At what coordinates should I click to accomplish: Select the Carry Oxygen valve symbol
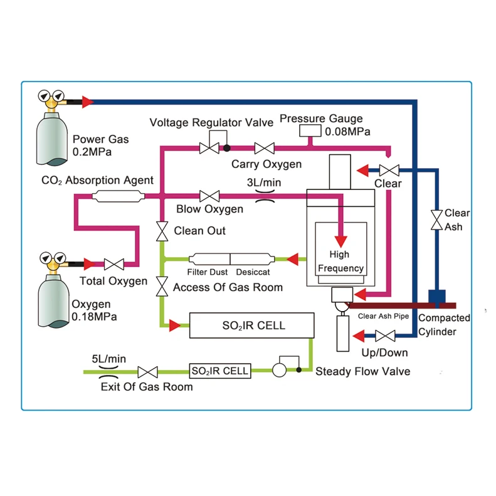pyautogui.click(x=264, y=149)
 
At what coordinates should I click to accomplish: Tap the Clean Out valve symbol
pyautogui.click(x=162, y=231)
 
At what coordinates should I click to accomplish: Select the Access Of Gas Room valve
pyautogui.click(x=162, y=287)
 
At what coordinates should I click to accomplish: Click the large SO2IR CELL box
pyautogui.click(x=251, y=325)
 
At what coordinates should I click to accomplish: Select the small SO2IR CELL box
pyautogui.click(x=220, y=371)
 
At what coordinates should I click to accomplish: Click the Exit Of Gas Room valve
pyautogui.click(x=147, y=371)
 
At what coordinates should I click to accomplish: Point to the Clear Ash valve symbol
pyautogui.click(x=436, y=220)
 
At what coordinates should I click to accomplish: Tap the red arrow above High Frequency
pyautogui.click(x=340, y=240)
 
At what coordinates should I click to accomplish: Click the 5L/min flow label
pyautogui.click(x=109, y=359)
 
